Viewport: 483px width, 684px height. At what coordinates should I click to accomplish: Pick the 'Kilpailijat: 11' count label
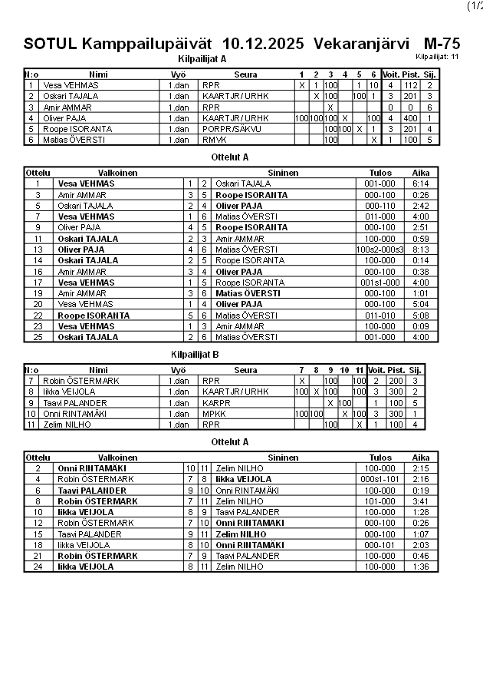tap(437, 57)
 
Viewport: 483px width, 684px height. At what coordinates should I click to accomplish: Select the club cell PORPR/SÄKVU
tap(227, 129)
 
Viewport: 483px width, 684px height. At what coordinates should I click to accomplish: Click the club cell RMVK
tap(214, 140)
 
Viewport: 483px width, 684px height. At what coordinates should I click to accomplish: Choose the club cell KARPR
tap(215, 402)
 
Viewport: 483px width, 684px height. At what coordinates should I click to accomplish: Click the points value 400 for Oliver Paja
tap(410, 118)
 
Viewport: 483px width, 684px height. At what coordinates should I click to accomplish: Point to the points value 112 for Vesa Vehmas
tap(410, 85)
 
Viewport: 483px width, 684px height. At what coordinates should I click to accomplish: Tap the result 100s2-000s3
tap(380, 249)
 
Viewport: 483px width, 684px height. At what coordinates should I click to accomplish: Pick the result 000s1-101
tap(380, 478)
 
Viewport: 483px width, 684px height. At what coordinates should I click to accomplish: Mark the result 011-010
tap(380, 315)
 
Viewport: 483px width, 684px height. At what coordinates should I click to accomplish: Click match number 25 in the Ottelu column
tap(38, 337)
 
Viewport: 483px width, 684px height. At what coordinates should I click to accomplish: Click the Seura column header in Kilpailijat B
tap(245, 370)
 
